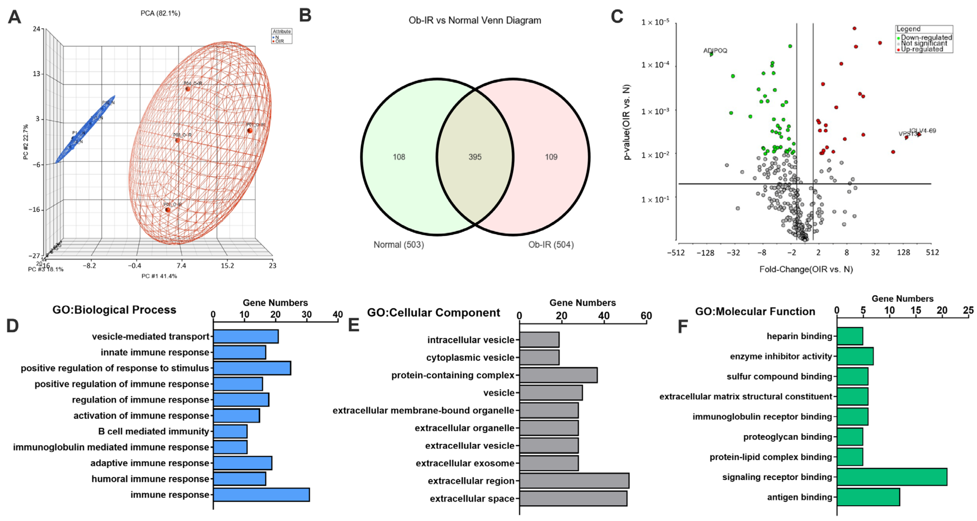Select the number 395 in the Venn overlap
tap(475, 157)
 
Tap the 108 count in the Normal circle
tap(399, 157)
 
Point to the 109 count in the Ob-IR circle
tap(551, 157)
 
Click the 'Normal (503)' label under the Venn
tap(399, 245)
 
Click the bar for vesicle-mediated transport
tap(246, 336)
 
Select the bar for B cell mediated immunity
tap(230, 431)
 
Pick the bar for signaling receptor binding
tap(892, 477)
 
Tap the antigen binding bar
tap(868, 497)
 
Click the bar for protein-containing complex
tap(558, 375)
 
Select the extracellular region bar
tap(574, 481)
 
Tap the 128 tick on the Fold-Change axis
tap(904, 252)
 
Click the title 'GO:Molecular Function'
tap(755, 311)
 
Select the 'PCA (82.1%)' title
tap(161, 13)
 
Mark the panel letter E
tap(354, 325)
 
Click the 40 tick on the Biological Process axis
tap(338, 315)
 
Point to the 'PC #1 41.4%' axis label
tap(159, 276)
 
